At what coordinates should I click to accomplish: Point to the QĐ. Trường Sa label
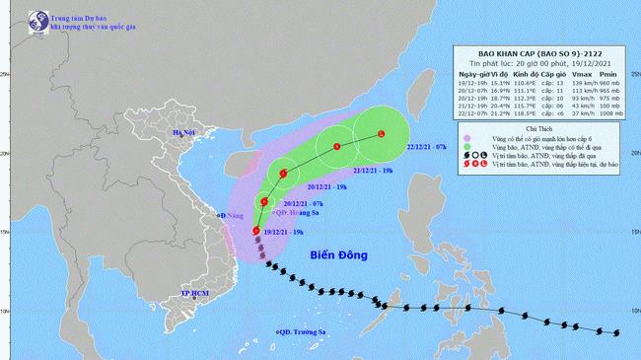click(303, 332)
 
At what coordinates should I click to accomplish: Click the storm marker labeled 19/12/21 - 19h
click(256, 232)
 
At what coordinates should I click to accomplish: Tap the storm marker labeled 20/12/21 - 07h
click(263, 202)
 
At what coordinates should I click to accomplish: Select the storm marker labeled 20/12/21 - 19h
click(284, 175)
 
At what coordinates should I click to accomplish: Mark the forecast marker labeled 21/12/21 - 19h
click(336, 148)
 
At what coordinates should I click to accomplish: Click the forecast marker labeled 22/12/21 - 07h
click(383, 134)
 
